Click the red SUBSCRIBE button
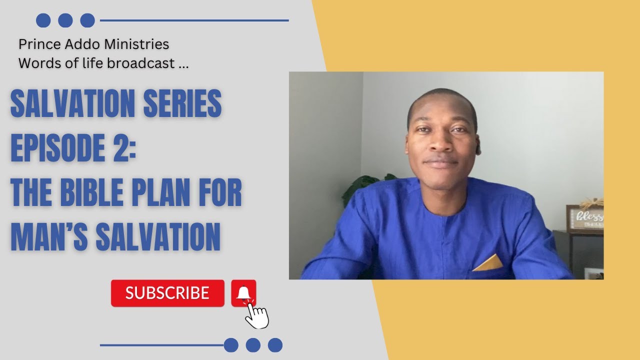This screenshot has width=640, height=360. pos(167,293)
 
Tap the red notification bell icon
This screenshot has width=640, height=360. pos(243,293)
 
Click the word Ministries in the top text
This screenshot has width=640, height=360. pos(137,44)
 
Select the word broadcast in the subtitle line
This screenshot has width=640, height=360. pos(146,63)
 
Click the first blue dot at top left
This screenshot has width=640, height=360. pos(43,20)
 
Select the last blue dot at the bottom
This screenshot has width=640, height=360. pos(275,345)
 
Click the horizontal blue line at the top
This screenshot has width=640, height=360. pos(195,20)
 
